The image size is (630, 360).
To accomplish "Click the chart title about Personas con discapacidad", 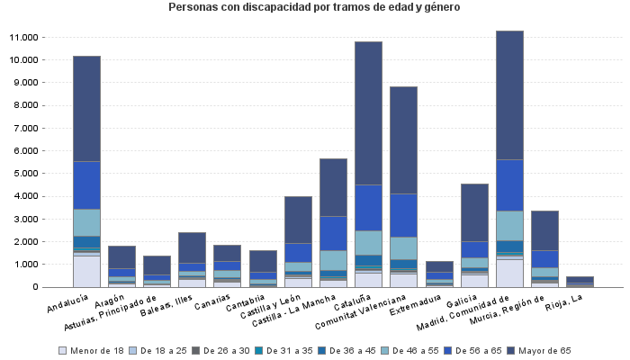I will (314, 7).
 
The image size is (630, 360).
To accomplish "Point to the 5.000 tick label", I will (24, 174).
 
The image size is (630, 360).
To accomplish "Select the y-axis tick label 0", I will (34, 287).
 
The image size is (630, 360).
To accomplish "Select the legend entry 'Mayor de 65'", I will (547, 350).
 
